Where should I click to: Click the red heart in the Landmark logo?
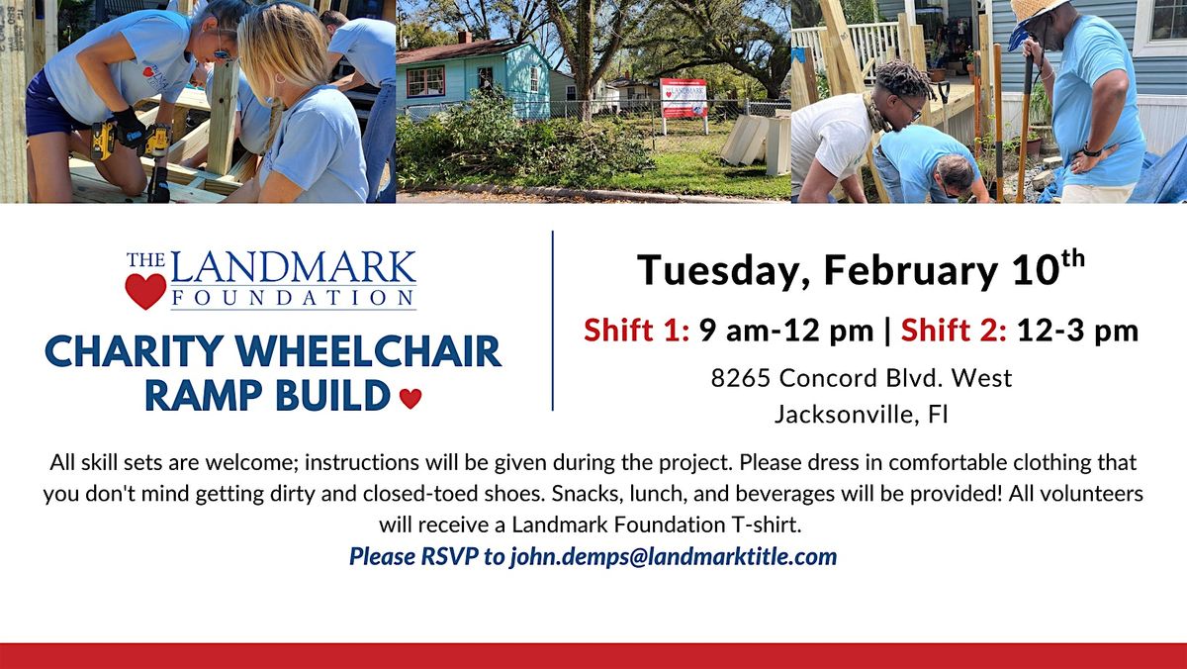point(145,291)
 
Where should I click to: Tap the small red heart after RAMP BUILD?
point(411,398)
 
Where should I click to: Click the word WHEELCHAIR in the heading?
point(368,351)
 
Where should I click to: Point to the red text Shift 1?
point(636,331)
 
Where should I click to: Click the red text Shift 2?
point(954,331)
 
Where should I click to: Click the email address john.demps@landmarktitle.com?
point(674,557)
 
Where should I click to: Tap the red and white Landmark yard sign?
point(684,98)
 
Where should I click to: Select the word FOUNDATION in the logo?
point(293,298)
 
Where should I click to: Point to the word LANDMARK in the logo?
point(293,268)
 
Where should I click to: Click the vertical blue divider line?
point(553,321)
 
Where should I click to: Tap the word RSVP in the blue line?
point(449,556)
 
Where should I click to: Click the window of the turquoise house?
point(425,81)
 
